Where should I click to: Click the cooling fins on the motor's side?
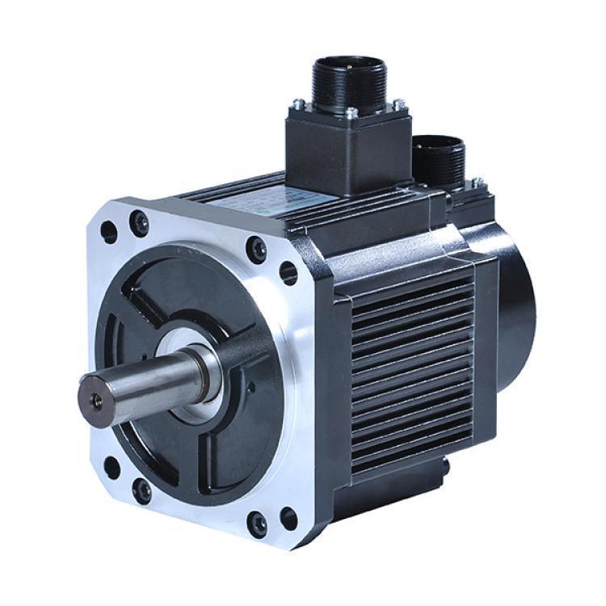(x=412, y=364)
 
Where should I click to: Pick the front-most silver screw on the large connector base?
(x=352, y=114)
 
